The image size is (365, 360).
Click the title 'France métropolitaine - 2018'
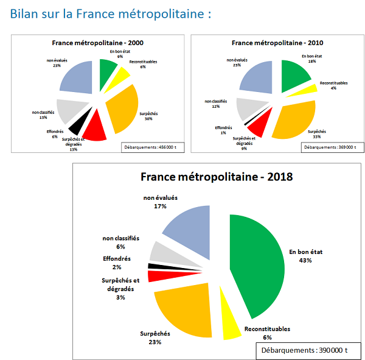(x=217, y=177)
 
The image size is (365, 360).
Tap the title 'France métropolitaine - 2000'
(x=97, y=43)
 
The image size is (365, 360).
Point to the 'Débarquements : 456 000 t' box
(x=151, y=147)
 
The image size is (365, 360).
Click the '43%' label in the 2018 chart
(x=304, y=260)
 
